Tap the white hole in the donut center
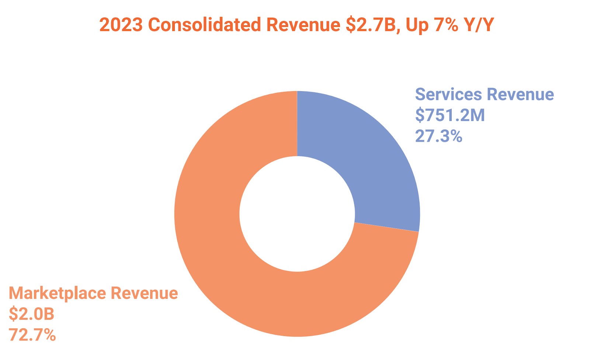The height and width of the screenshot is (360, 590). pyautogui.click(x=297, y=214)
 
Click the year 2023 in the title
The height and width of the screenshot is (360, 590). pyautogui.click(x=121, y=25)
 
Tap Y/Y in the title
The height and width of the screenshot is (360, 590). pyautogui.click(x=479, y=25)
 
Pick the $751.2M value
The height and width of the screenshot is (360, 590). pyautogui.click(x=450, y=115)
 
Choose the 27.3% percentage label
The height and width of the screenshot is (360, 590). pyautogui.click(x=438, y=136)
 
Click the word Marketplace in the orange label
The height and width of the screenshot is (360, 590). pyautogui.click(x=58, y=294)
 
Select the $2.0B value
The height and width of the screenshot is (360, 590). pyautogui.click(x=32, y=314)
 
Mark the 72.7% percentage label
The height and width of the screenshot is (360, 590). pyautogui.click(x=32, y=335)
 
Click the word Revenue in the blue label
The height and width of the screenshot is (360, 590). pyautogui.click(x=520, y=94)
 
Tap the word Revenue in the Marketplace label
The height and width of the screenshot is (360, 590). pyautogui.click(x=145, y=294)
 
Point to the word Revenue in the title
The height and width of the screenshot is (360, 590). pyautogui.click(x=303, y=25)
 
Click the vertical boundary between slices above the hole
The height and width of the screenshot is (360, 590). pyautogui.click(x=297, y=124)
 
